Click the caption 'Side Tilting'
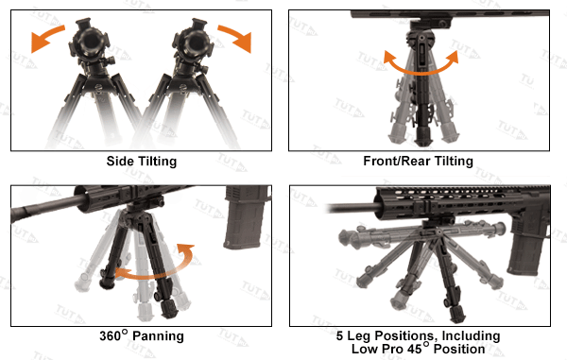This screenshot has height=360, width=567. point(142,162)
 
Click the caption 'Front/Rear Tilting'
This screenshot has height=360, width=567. point(418,162)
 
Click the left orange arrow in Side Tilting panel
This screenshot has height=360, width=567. point(48,39)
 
